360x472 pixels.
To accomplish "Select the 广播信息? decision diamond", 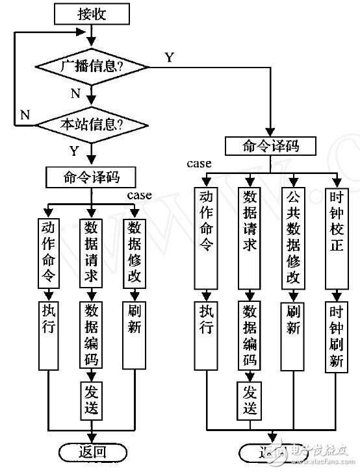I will tap(93, 66).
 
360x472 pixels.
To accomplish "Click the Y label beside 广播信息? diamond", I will tap(168, 57).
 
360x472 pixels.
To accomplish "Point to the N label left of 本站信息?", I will tap(25, 114).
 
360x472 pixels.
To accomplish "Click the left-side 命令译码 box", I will tap(90, 177).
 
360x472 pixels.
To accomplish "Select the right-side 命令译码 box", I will tap(272, 145).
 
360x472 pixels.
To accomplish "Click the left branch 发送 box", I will tap(90, 400).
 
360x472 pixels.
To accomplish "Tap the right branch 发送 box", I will tap(250, 399).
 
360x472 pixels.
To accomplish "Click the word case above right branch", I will tap(199, 164).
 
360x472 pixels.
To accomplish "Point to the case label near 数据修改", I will tap(140, 195).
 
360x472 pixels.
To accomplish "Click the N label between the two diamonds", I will tap(75, 93).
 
